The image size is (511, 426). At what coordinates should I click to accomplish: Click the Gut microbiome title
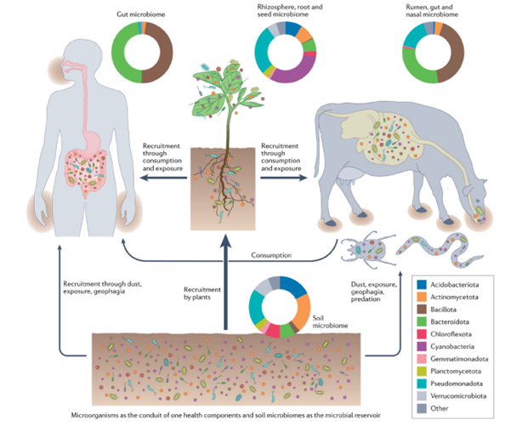[141, 15]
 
